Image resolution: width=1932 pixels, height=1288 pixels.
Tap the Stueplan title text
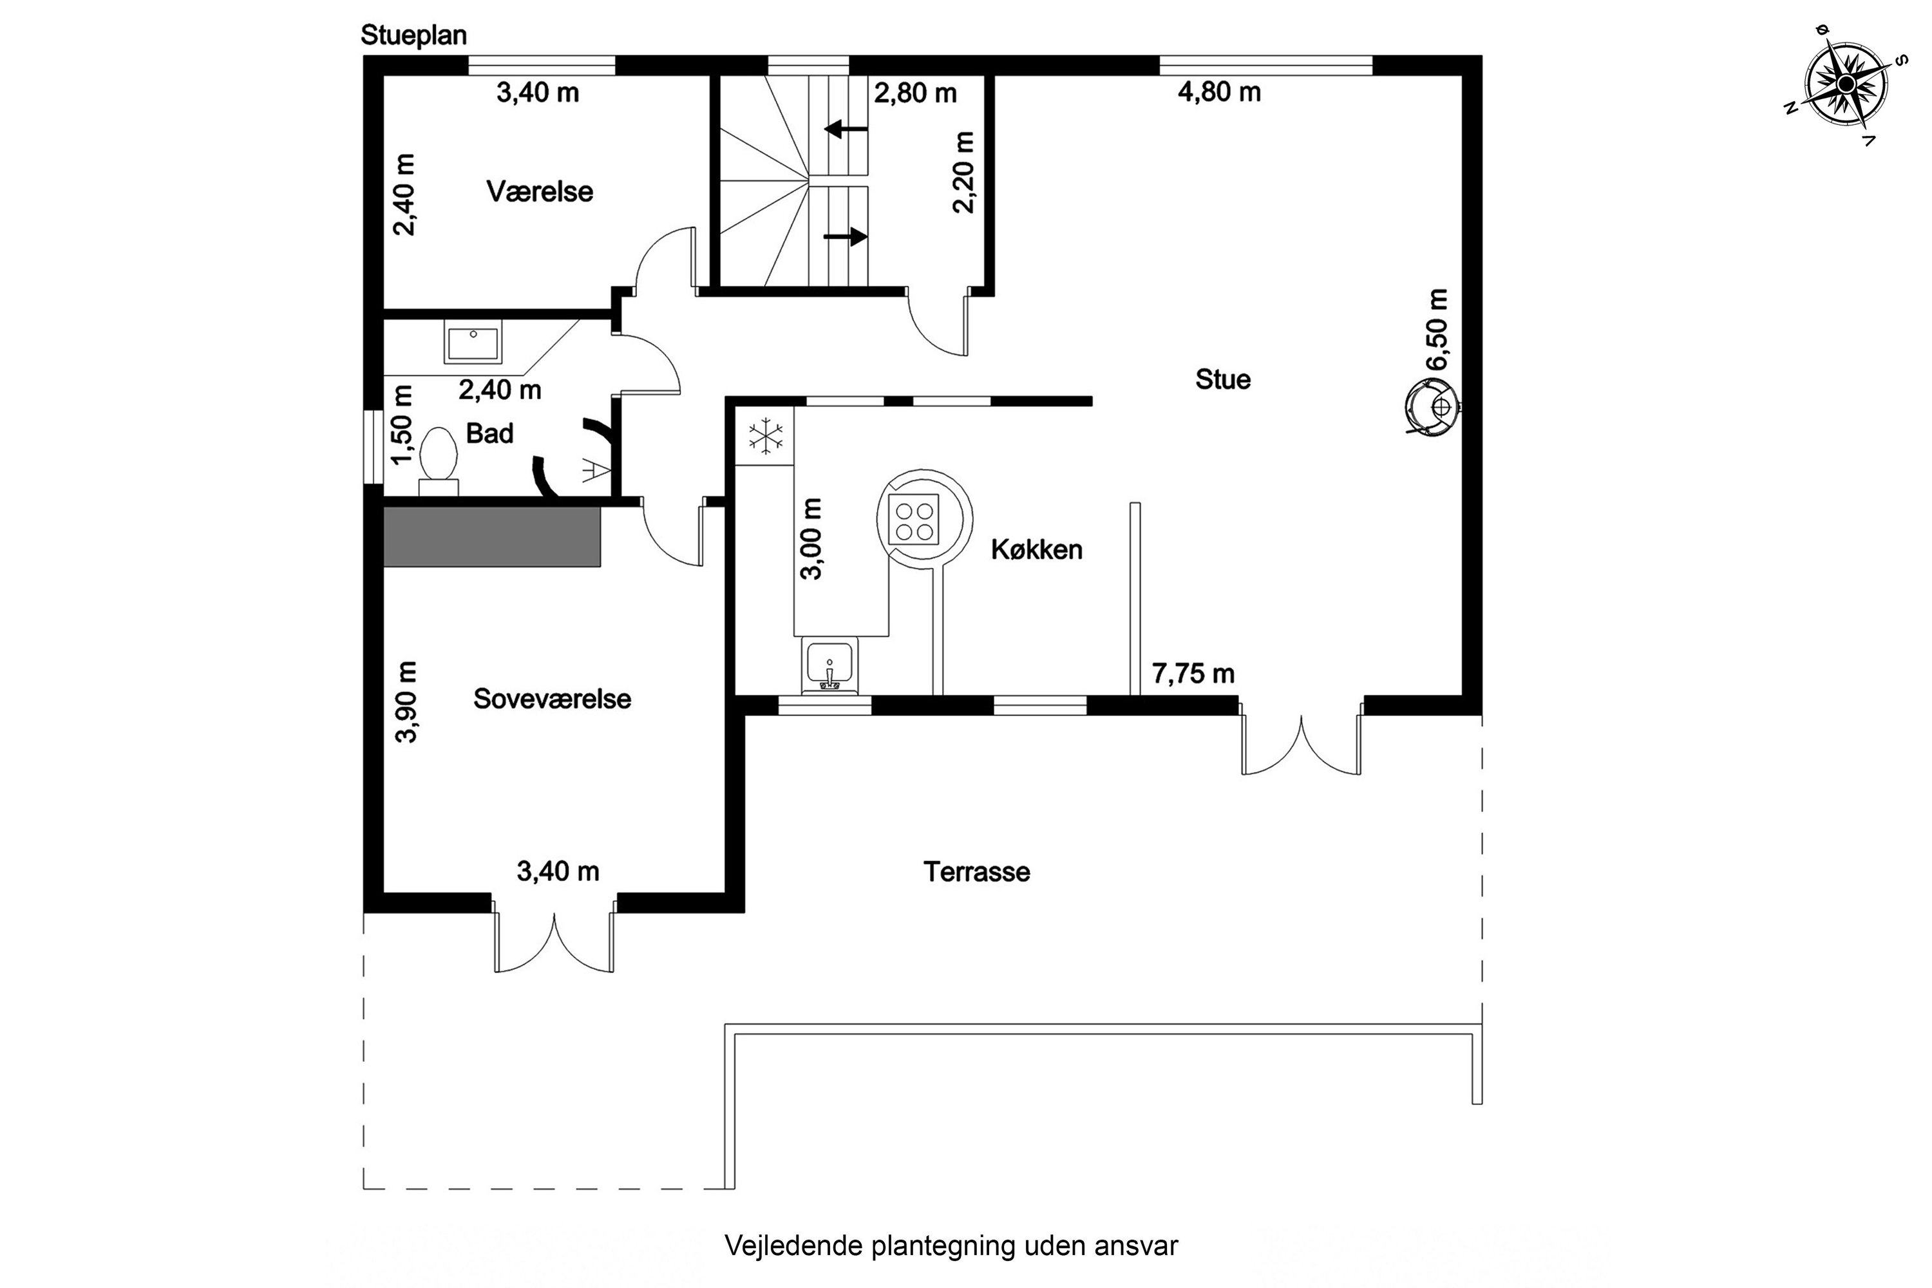[x=413, y=36]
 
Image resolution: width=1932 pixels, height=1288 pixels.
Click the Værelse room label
[x=540, y=191]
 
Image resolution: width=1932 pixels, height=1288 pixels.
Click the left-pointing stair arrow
[x=846, y=129]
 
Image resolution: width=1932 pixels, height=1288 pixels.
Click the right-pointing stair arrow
[x=846, y=236]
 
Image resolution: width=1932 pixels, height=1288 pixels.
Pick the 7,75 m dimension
[x=1193, y=674]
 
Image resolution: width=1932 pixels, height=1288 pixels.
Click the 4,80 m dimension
[x=1219, y=92]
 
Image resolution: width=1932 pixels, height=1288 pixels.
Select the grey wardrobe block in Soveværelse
[x=492, y=536]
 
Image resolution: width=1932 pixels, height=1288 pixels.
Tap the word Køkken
[x=1037, y=549]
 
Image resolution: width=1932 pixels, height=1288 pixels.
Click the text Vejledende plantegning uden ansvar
[x=951, y=1245]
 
